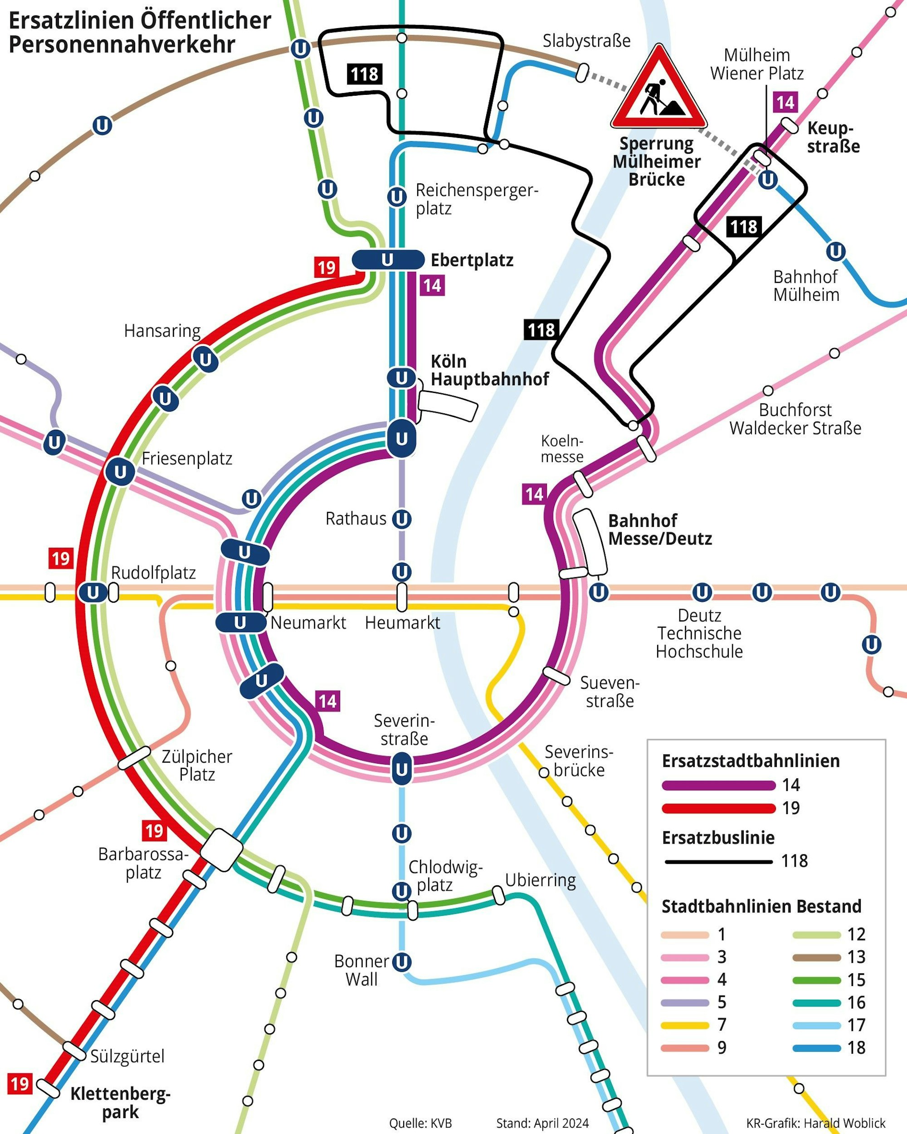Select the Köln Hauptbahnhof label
[x=489, y=370]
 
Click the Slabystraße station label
[x=586, y=41]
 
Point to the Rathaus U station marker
[x=402, y=519]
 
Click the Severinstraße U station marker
[x=402, y=769]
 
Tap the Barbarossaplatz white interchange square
[x=222, y=849]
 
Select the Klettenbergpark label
[x=121, y=1103]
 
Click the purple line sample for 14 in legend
[x=718, y=786]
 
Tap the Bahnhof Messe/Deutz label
[x=659, y=530]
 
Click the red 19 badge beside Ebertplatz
[x=326, y=268]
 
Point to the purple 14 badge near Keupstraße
[x=785, y=102]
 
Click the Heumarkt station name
[x=402, y=623]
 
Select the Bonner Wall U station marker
[x=402, y=962]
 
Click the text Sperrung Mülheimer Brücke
[x=657, y=162]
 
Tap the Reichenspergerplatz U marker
[x=396, y=197]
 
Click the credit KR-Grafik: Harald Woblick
[x=815, y=1123]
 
